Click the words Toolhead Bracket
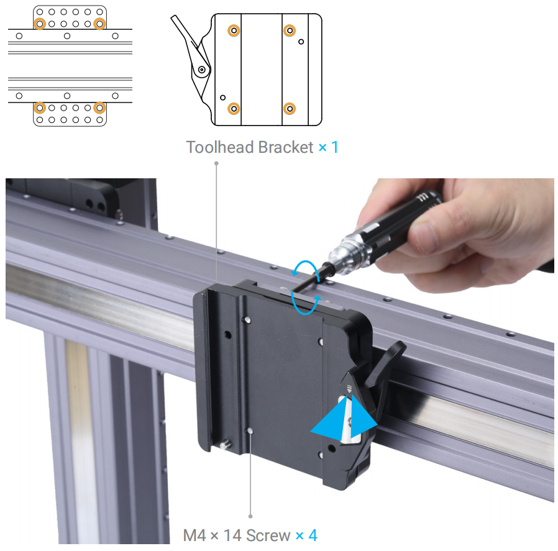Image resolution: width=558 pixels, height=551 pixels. coord(250,148)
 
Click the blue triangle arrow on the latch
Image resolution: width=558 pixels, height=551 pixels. coord(344,421)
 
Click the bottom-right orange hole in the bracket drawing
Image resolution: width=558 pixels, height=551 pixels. coord(290,109)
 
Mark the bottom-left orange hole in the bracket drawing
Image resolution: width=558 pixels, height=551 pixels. coord(234,109)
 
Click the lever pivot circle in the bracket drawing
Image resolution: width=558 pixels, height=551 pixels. coord(201,70)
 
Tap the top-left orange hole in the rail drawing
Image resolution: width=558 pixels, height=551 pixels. coord(40,24)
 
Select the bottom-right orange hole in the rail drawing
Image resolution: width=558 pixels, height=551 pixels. coord(99,107)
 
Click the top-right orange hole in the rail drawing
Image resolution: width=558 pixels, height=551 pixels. coord(99,24)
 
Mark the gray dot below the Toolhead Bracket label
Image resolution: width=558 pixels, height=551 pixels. coord(217,163)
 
